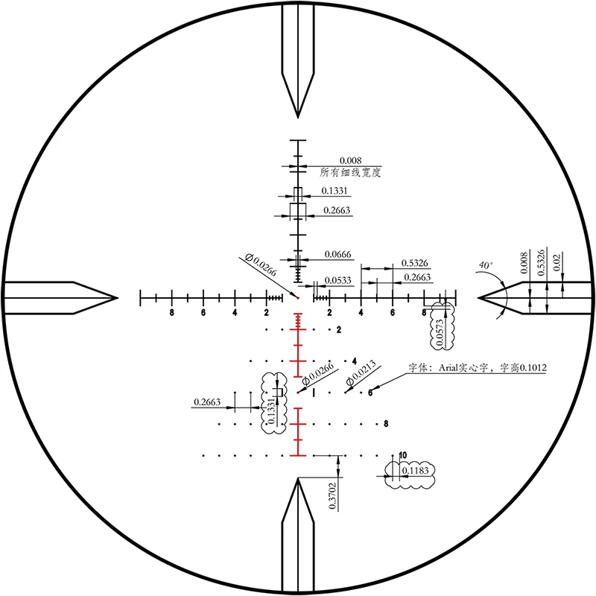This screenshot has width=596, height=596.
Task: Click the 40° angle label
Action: click(486, 265)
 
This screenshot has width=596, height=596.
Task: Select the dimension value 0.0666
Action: click(337, 255)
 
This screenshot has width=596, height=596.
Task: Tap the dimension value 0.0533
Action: click(337, 281)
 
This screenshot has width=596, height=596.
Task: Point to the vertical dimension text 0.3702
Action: click(332, 495)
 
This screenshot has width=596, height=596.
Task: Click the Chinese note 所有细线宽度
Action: click(350, 171)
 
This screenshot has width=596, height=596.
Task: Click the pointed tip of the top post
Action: click(298, 117)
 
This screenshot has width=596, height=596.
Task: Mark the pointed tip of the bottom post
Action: click(298, 479)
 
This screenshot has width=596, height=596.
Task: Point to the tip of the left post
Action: click(118, 298)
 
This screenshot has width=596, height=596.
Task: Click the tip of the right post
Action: click(479, 298)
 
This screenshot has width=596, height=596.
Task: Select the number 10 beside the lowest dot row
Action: click(403, 454)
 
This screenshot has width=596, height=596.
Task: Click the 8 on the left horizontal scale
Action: click(171, 313)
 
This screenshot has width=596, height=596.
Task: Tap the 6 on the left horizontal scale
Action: click(203, 313)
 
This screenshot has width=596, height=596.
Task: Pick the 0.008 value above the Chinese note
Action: click(350, 160)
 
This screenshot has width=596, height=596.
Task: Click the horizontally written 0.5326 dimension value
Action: click(414, 262)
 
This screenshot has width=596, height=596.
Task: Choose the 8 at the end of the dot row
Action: click(386, 424)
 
